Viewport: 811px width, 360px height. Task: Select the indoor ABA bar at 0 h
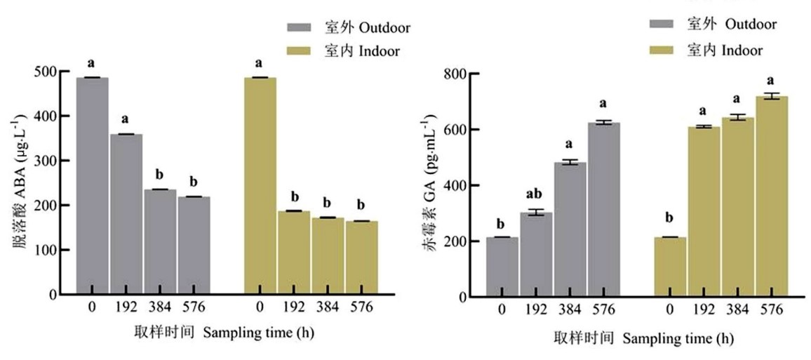pyautogui.click(x=260, y=186)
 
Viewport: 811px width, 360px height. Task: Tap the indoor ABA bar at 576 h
pyautogui.click(x=361, y=258)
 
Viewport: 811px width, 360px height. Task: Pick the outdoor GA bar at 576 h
pyautogui.click(x=603, y=210)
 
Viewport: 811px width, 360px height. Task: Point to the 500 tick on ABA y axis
pyautogui.click(x=65, y=71)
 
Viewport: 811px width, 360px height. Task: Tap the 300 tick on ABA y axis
pyautogui.click(x=65, y=160)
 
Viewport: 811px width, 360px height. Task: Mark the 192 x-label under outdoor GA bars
pyautogui.click(x=536, y=310)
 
